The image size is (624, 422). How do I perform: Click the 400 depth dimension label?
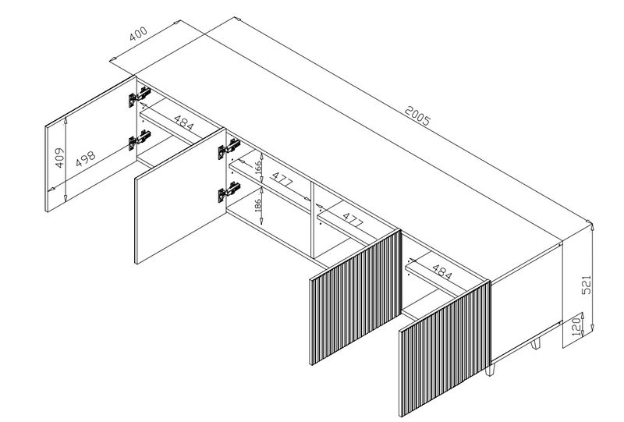[x=139, y=34]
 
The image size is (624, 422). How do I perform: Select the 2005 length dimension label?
[x=417, y=115]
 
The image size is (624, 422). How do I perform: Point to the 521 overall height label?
[x=587, y=285]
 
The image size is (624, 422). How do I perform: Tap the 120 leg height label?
[x=576, y=326]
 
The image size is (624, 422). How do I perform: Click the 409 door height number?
[x=59, y=158]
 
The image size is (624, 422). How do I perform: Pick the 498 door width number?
[x=86, y=158]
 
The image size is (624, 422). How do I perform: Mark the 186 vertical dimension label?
[x=258, y=206]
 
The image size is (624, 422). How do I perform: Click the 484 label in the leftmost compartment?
[x=184, y=123]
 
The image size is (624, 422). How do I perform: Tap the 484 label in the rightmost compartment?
[x=441, y=272]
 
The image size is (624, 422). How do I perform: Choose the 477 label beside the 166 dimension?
[x=282, y=179]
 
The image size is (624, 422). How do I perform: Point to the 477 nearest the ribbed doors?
[x=353, y=220]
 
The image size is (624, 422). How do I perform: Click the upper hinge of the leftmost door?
[x=139, y=97]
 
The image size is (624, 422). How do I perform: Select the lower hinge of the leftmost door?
[x=139, y=140]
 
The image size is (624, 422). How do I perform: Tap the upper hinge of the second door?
[x=229, y=148]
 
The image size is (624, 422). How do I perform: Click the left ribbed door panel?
[x=356, y=296]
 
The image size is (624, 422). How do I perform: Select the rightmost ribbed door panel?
[x=445, y=349]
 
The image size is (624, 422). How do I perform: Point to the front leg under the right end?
[x=490, y=369]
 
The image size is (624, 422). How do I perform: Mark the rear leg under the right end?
[x=536, y=343]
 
